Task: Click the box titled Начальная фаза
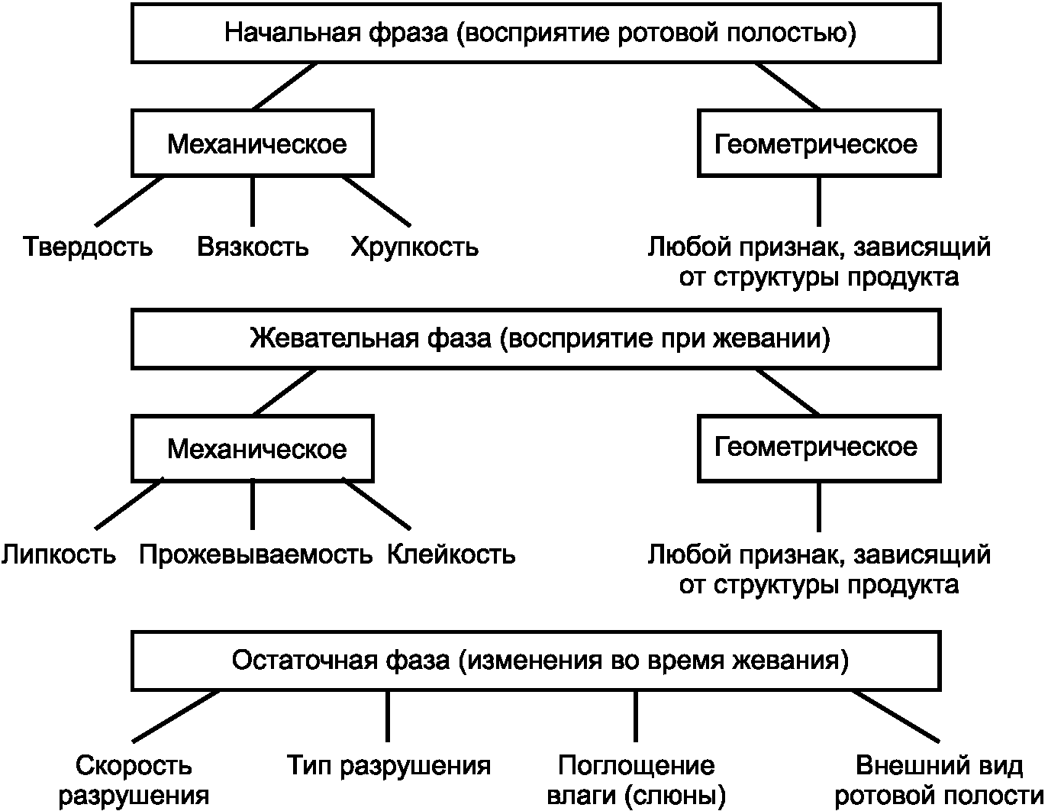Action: (536, 34)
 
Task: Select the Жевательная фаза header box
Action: (536, 338)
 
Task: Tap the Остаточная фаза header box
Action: (536, 660)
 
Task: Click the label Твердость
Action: (88, 247)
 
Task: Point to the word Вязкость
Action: (253, 247)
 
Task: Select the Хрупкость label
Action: (414, 247)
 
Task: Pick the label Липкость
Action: (59, 554)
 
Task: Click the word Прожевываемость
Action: (256, 554)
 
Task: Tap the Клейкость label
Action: (451, 554)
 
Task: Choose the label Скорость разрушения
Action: (134, 780)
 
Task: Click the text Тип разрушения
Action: (389, 765)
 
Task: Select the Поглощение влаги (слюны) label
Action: (636, 780)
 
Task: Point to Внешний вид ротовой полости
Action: (939, 780)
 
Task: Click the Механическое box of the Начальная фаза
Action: (253, 144)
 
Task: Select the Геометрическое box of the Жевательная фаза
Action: (818, 448)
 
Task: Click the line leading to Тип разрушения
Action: (388, 716)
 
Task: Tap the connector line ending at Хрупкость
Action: (376, 201)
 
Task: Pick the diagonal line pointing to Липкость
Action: (128, 504)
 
